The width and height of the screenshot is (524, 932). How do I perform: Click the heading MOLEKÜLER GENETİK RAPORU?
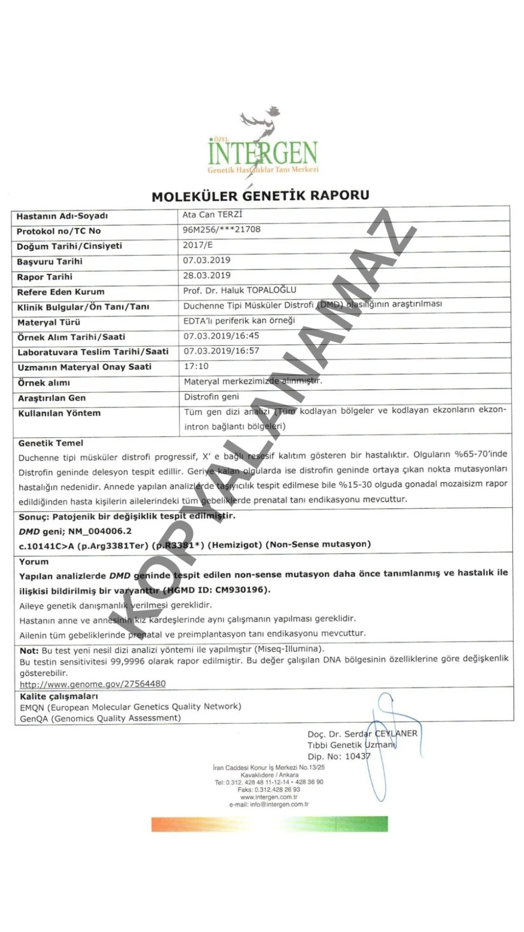pos(260,196)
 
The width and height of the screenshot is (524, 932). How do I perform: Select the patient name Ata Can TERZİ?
pos(212,215)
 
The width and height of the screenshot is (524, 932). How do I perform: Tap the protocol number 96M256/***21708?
pos(221,230)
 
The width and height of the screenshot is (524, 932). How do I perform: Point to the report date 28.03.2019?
pos(206,276)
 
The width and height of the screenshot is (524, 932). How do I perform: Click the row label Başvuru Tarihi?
pos(49,262)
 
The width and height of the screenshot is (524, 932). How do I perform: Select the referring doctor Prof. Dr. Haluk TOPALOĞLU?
pos(240,290)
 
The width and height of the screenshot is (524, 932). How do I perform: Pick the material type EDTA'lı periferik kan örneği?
pos(239,320)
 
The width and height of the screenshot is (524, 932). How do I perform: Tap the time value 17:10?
pos(196,366)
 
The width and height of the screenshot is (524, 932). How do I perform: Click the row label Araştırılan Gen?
pos(52,398)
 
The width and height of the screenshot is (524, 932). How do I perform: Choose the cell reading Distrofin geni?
pos(211,397)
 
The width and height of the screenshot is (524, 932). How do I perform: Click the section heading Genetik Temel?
pos(51,443)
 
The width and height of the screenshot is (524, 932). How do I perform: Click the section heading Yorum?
pos(34,561)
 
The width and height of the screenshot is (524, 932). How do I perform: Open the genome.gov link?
pos(93,684)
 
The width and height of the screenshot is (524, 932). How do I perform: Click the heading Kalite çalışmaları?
pos(59,696)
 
